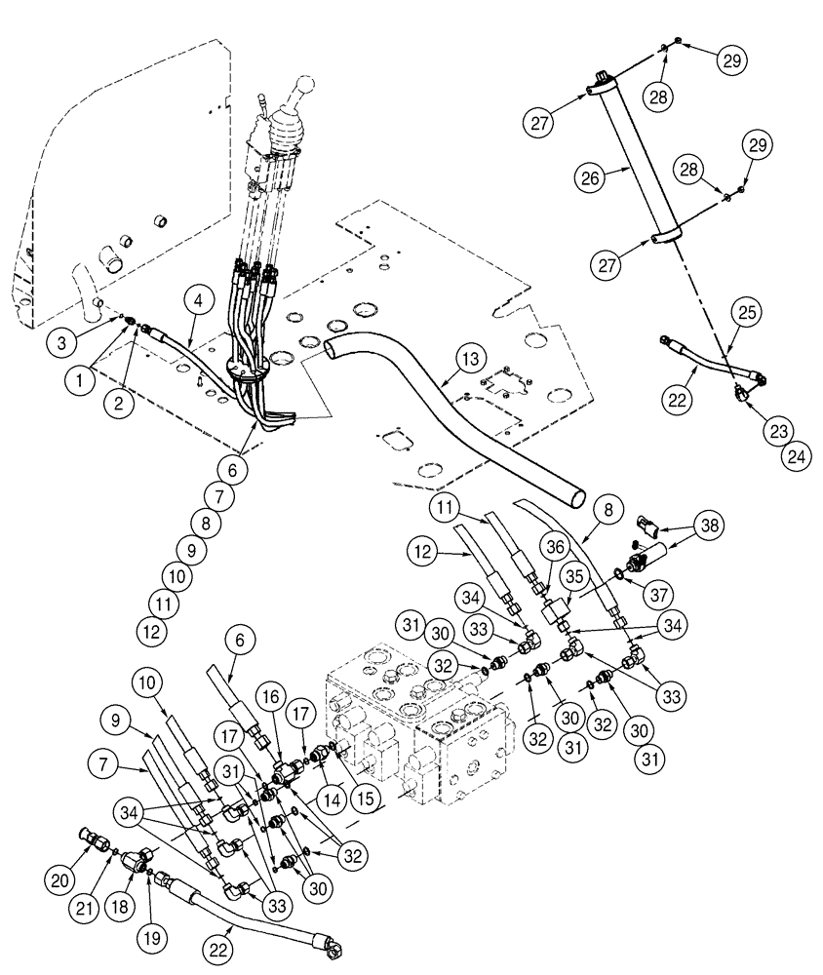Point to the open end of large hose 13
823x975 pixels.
click(578, 498)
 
